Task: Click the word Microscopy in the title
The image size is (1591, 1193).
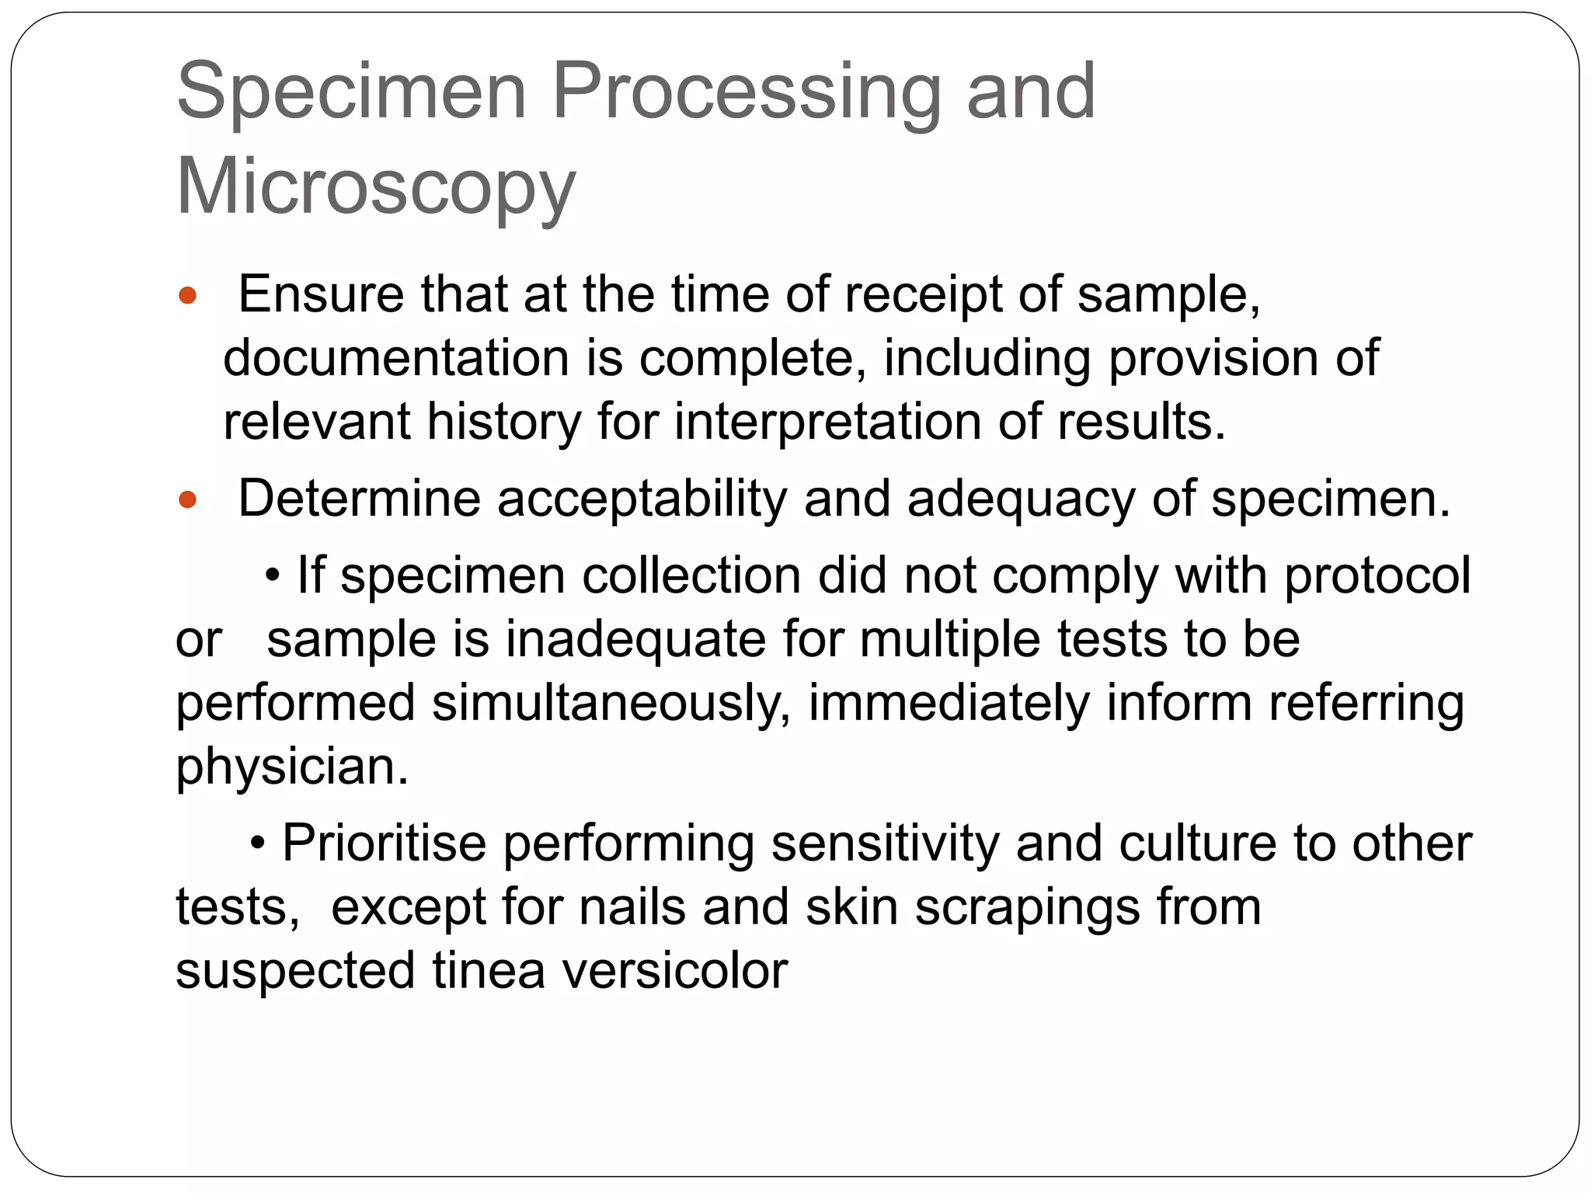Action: pyautogui.click(x=376, y=187)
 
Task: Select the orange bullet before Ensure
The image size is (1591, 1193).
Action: pyautogui.click(x=188, y=296)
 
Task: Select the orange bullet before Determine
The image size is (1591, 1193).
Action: pyautogui.click(x=188, y=499)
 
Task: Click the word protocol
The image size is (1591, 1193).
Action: pyautogui.click(x=1377, y=576)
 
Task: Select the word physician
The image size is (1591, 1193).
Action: pyautogui.click(x=292, y=767)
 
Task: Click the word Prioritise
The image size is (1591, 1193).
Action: pyautogui.click(x=384, y=843)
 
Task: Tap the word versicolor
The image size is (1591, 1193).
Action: pyautogui.click(x=675, y=971)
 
